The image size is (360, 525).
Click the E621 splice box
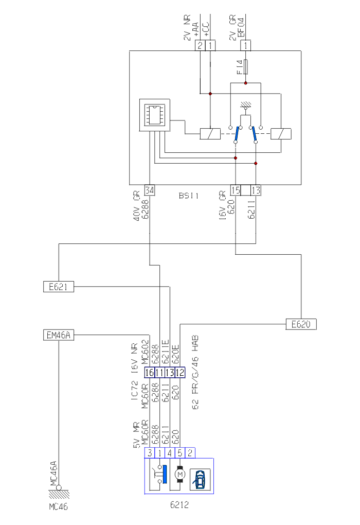click(58, 287)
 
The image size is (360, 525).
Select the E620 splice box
click(300, 324)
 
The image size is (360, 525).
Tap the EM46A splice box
click(58, 336)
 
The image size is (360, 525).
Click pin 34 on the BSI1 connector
click(150, 190)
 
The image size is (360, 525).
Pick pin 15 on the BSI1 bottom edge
click(236, 190)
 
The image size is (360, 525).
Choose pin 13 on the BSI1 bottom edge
click(256, 190)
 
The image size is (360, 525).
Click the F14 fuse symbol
click(246, 67)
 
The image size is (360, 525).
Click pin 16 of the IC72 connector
click(150, 372)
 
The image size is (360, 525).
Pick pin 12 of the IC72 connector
click(180, 372)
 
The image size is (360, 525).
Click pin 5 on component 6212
click(180, 453)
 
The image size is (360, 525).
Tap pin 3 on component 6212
click(150, 453)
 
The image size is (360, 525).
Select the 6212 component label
click(179, 505)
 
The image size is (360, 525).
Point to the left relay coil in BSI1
click(210, 133)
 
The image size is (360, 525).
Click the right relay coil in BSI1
click(281, 133)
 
